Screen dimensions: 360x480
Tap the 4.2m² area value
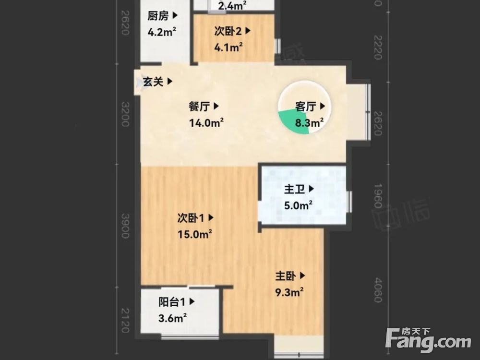click(x=161, y=33)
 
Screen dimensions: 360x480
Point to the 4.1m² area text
click(x=228, y=47)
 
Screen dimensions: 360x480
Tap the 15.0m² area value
click(x=195, y=234)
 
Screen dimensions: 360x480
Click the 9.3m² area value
click(x=289, y=292)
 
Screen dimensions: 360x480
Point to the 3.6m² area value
click(x=173, y=318)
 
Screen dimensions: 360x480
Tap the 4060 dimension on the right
click(x=378, y=290)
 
